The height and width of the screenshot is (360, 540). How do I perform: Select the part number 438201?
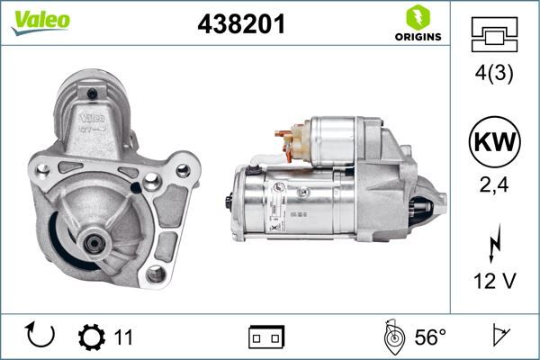[x=240, y=24]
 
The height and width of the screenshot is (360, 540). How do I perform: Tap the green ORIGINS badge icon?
[x=417, y=17]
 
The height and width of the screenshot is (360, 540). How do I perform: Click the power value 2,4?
[x=494, y=186]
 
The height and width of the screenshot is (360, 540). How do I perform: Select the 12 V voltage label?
[x=494, y=282]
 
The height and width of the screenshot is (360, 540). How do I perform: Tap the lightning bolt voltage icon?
[x=494, y=244]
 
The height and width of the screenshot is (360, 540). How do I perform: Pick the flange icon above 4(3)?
[x=494, y=35]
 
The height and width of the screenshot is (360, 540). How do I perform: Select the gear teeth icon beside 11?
[x=92, y=337]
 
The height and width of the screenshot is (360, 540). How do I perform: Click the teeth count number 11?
[x=123, y=337]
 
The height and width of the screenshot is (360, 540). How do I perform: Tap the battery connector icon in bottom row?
[x=265, y=337]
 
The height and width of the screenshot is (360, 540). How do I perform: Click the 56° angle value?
[x=429, y=337]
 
